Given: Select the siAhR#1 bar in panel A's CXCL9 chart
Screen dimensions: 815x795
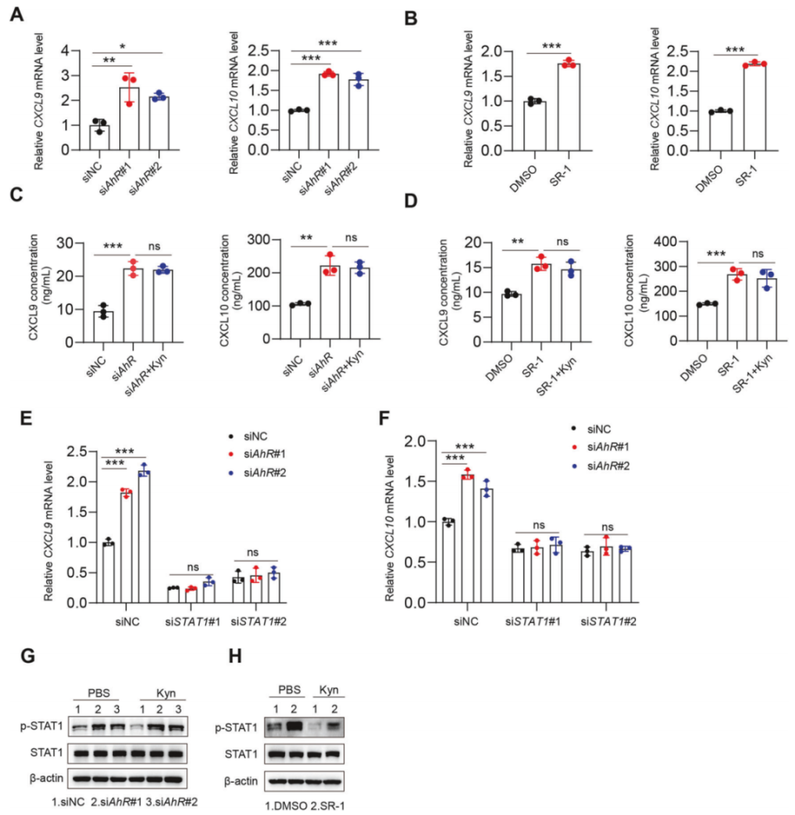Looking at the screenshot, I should coord(128,118).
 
